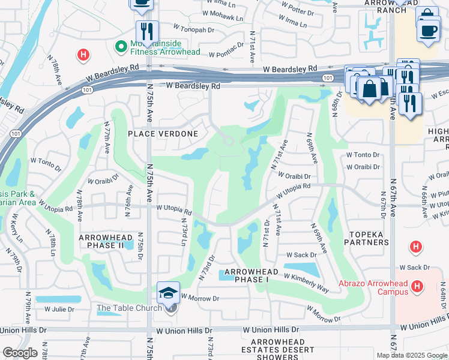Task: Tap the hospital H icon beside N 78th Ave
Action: (x=83, y=56)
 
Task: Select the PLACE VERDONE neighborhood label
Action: (x=154, y=133)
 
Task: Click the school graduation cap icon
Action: (x=167, y=293)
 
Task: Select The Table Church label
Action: (x=129, y=308)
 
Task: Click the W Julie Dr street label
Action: (x=59, y=310)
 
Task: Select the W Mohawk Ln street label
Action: (x=223, y=17)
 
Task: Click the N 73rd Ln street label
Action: (x=184, y=231)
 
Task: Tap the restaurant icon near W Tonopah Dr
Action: (x=146, y=30)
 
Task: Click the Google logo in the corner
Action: (x=20, y=353)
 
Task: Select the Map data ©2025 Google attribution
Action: (x=411, y=355)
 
